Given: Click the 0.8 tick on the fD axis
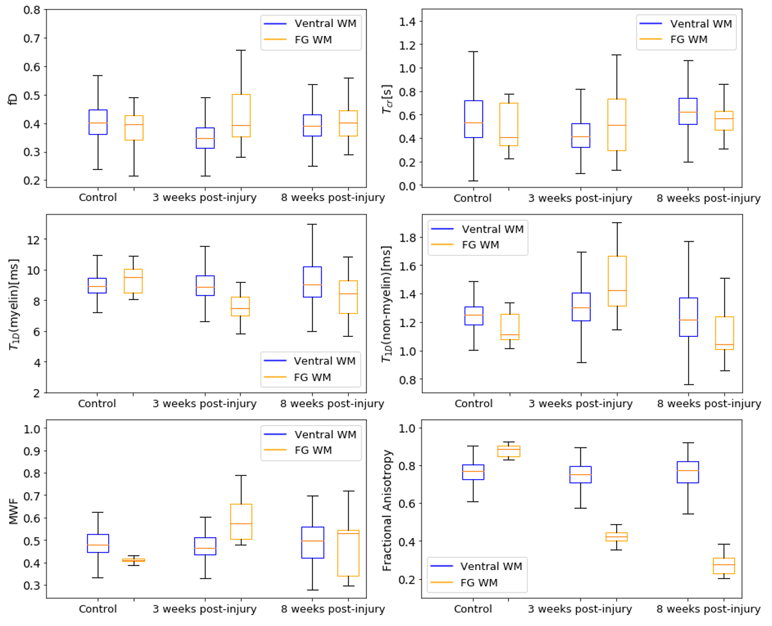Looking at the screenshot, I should (x=31, y=10).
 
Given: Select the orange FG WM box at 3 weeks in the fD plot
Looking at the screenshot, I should (x=241, y=115).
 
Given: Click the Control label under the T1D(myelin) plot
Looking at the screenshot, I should (x=97, y=404).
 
